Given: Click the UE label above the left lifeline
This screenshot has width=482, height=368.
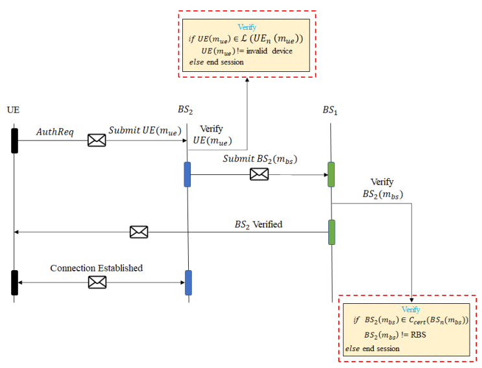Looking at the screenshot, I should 13,109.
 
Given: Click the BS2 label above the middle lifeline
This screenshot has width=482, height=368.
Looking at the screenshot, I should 186,109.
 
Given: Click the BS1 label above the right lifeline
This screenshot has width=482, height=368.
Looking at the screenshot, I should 331,109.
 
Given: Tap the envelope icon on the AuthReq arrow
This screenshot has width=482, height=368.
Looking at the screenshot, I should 97,139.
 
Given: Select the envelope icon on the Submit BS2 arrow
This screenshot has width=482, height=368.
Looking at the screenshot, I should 259,174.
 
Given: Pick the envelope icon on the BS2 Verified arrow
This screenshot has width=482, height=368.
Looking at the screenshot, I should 138,231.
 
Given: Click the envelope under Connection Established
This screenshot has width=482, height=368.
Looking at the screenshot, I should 97,282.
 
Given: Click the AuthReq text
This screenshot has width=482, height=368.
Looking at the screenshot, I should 54,132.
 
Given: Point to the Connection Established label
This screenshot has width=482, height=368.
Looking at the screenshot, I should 97,268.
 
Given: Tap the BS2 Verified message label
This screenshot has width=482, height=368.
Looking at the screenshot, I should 258,224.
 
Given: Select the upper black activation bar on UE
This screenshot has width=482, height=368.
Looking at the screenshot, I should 14,141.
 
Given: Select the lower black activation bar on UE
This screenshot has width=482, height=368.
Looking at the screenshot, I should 14,282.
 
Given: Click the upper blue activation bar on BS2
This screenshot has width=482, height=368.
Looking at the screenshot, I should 187,174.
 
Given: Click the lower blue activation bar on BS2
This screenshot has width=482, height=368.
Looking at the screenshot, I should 188,282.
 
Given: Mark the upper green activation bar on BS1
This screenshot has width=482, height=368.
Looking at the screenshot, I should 331,174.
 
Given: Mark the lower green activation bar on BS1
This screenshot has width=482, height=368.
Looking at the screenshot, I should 331,232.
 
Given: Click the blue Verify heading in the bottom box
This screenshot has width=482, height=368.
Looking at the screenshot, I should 411,310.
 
